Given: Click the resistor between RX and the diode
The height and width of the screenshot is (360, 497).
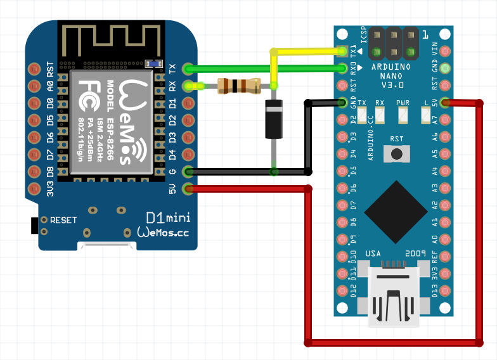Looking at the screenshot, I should [238, 86].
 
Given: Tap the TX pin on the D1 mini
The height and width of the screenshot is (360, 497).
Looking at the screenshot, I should [188, 68].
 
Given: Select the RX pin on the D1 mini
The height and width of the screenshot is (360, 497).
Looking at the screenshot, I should [188, 86].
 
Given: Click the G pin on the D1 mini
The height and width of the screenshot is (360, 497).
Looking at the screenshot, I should [188, 171].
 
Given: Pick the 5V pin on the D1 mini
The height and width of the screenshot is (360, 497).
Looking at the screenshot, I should [188, 188].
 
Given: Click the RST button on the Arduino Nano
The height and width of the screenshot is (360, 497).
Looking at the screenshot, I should [397, 153].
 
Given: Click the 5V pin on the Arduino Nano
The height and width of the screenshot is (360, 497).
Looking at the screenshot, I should [446, 102].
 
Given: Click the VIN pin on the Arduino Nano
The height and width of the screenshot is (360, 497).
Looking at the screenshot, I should [446, 51].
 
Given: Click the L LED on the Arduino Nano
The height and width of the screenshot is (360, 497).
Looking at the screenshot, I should [426, 115].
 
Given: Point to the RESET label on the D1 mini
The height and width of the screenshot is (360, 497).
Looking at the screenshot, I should [63, 221].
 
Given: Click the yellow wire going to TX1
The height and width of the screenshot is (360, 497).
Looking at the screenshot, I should [304, 51].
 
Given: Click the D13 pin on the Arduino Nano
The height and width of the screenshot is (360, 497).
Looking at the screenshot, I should [446, 291].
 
